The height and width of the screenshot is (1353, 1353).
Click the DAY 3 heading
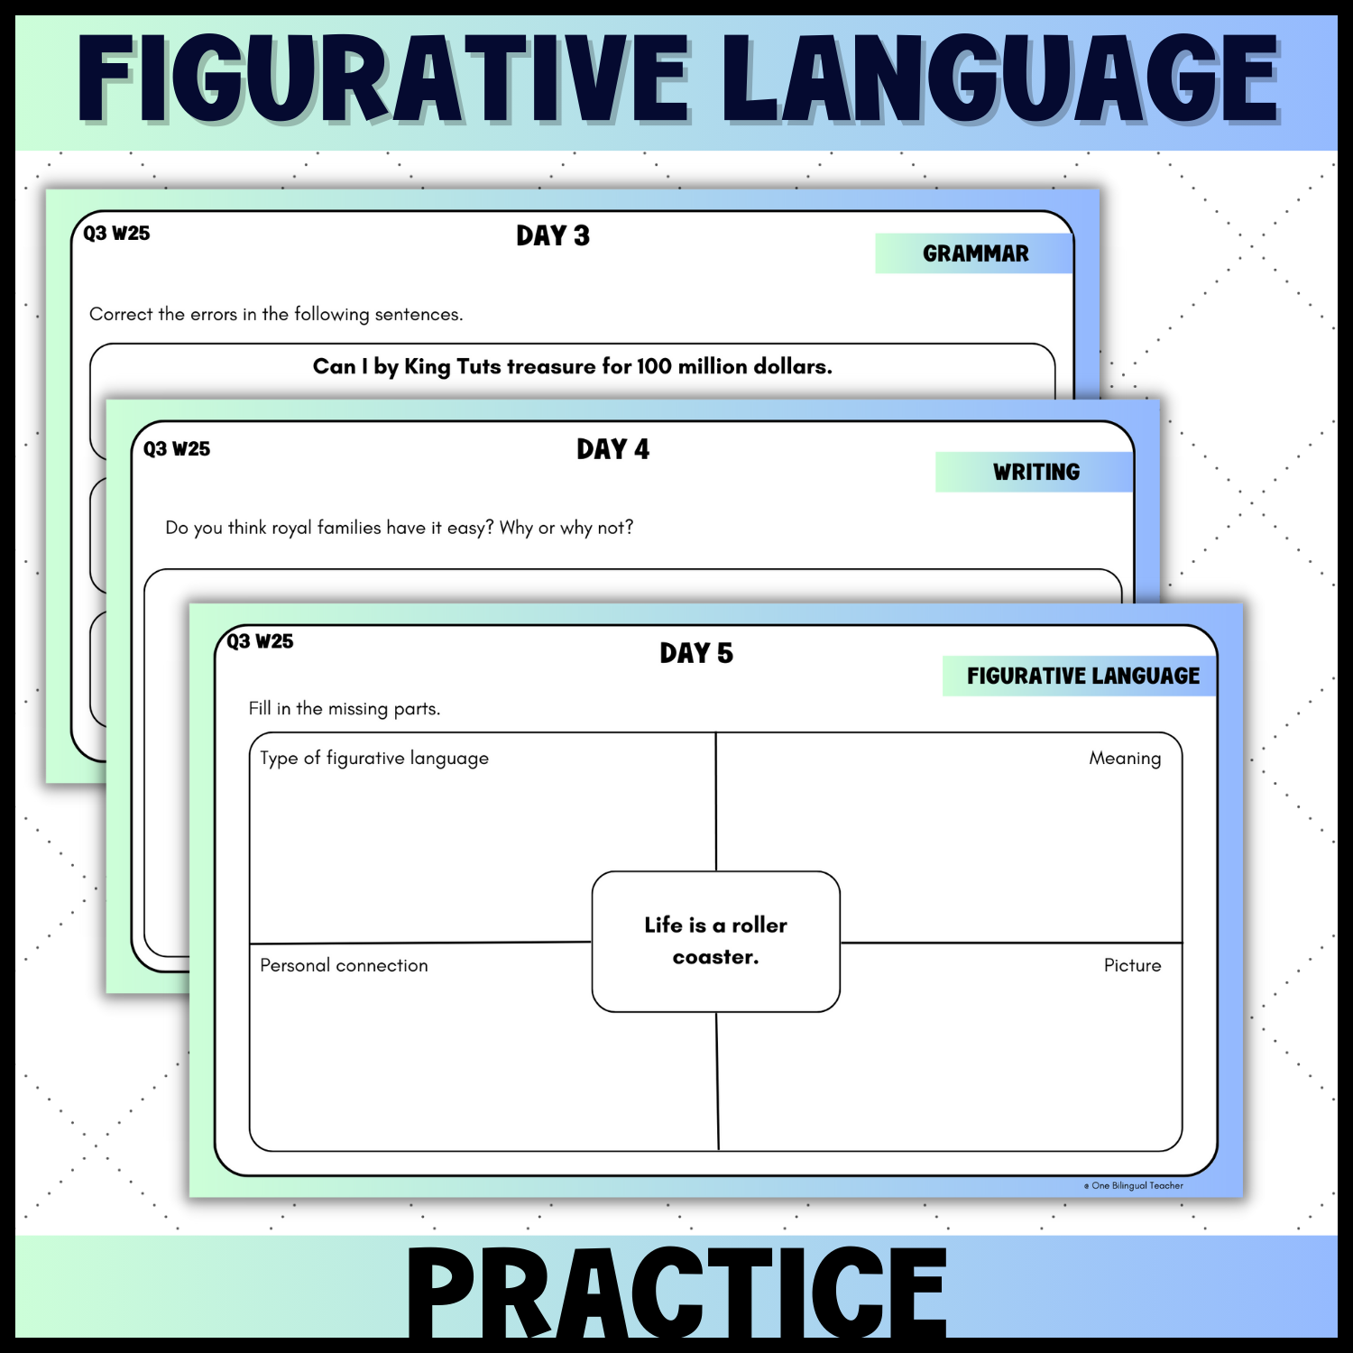point(553,236)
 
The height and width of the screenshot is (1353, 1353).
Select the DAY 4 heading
point(613,449)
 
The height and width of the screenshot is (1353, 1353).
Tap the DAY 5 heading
point(696,653)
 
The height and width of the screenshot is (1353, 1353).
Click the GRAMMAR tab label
point(975,253)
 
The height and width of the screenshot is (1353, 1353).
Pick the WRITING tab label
point(1035,472)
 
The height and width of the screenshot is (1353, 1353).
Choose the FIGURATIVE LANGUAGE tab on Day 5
point(1082,676)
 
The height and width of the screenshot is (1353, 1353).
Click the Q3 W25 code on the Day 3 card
point(116,234)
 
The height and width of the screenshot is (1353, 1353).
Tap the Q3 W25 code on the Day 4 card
point(177,449)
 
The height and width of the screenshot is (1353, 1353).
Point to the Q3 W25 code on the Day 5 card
point(260,641)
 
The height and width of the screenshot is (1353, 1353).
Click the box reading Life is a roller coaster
point(715,941)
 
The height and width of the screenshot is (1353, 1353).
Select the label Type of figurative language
point(374,759)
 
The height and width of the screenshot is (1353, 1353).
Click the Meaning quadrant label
point(1125,759)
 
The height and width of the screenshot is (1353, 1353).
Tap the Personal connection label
point(344,965)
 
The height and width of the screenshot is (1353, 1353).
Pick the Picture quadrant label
point(1132,965)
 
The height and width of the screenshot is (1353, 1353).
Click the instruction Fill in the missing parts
point(345,709)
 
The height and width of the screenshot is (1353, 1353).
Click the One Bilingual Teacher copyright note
point(1135,1186)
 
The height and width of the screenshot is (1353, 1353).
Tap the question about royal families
point(399,528)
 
